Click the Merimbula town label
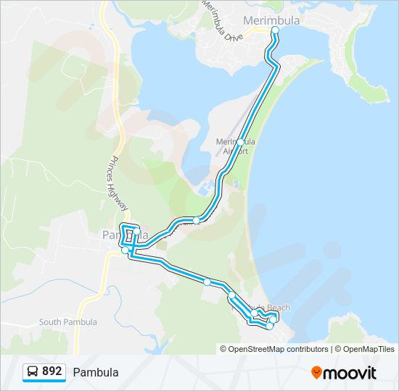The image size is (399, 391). [x=272, y=21]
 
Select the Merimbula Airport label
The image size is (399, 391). [x=236, y=146]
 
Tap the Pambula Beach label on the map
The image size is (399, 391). [x=264, y=308]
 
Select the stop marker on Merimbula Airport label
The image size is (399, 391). [x=240, y=143]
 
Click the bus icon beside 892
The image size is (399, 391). [x=33, y=372]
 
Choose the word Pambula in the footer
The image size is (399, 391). [x=95, y=372]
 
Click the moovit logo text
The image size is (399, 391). [x=350, y=372]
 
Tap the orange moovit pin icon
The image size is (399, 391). [x=316, y=372]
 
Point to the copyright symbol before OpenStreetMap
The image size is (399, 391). [x=224, y=349]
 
